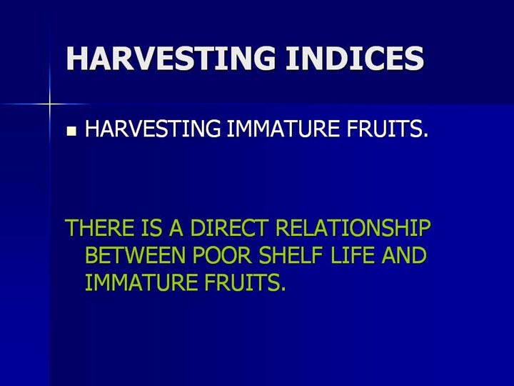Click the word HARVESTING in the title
[171, 58]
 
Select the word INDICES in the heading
[355, 58]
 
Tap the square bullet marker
[71, 132]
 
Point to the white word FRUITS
[384, 129]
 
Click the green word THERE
[100, 227]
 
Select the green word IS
[151, 227]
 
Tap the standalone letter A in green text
[176, 227]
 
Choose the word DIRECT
[229, 227]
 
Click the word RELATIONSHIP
[353, 227]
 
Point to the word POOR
[222, 255]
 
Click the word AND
[404, 255]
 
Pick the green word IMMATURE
[141, 282]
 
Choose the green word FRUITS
[241, 282]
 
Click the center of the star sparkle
[49, 104]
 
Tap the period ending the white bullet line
[425, 135]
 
